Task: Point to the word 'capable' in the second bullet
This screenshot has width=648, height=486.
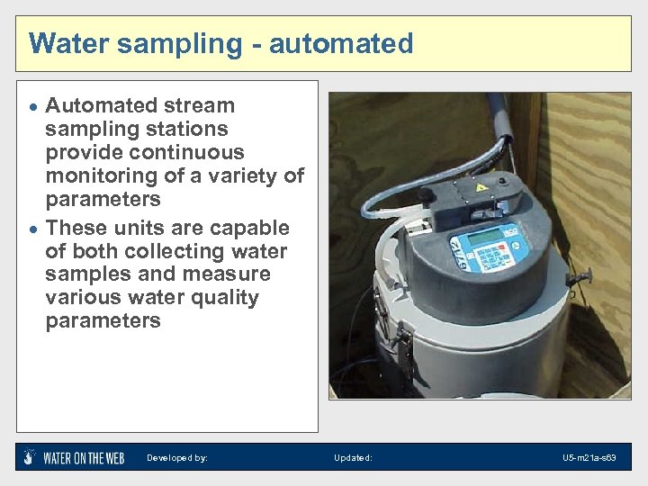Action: click(248, 228)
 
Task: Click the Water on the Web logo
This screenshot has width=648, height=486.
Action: click(74, 457)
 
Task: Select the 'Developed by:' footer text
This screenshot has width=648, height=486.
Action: click(177, 458)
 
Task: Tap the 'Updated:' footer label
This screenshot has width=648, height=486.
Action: click(353, 458)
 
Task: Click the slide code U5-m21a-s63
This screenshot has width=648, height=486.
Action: click(589, 458)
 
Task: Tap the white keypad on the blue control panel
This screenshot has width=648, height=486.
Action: click(491, 256)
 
